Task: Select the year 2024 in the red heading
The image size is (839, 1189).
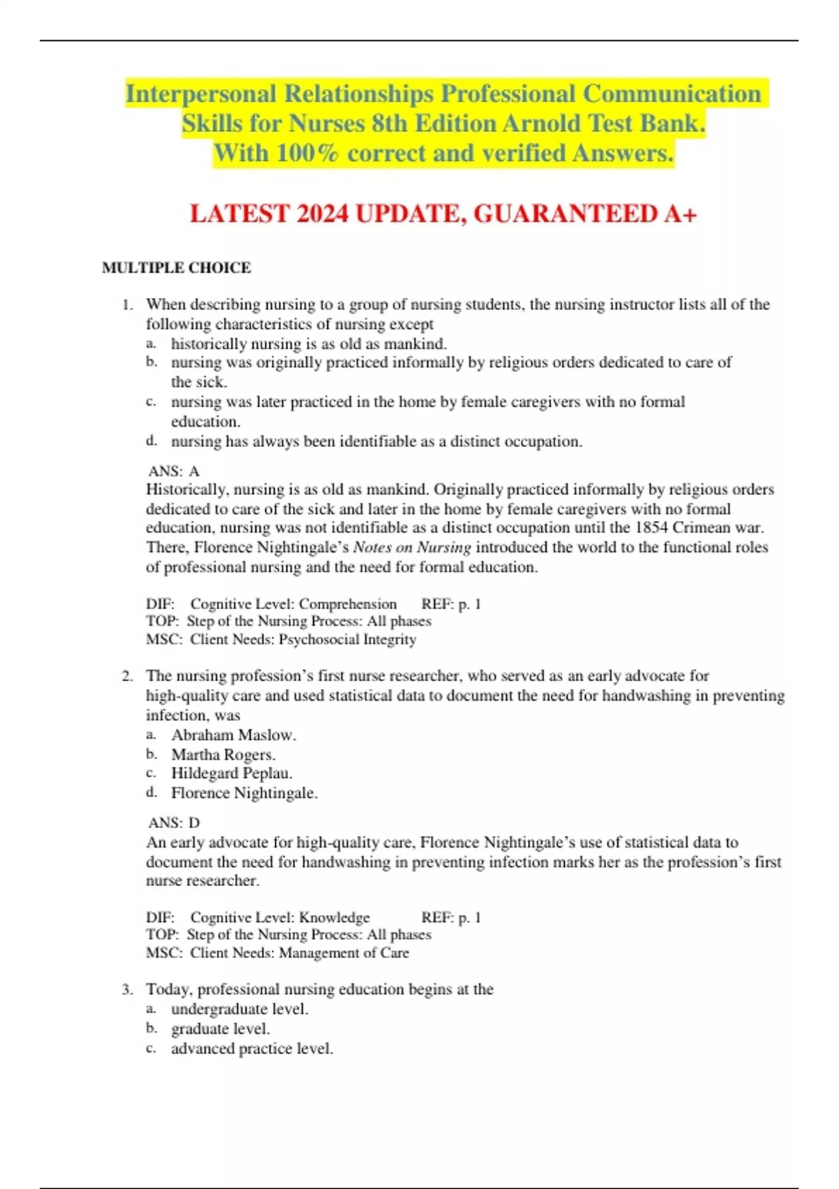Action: click(322, 213)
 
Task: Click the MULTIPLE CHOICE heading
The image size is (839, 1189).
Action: click(176, 268)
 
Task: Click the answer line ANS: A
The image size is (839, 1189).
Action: click(173, 471)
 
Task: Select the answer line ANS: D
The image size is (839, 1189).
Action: click(173, 823)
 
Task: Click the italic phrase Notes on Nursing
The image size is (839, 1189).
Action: click(412, 548)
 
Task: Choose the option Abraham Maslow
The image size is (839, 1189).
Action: click(234, 735)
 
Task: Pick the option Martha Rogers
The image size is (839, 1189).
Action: click(223, 755)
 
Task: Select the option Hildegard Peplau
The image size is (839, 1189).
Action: click(231, 774)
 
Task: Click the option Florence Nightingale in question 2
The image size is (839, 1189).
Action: click(244, 793)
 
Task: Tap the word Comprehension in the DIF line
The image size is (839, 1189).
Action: click(347, 604)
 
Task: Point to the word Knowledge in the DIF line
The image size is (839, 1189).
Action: click(334, 918)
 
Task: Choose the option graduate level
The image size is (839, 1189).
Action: click(220, 1029)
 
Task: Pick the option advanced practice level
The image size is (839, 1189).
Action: click(252, 1048)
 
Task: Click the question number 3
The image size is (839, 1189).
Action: click(127, 990)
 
